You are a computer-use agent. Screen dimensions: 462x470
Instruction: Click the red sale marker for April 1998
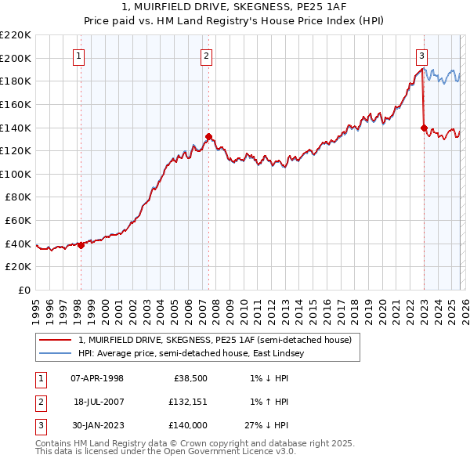(x=81, y=245)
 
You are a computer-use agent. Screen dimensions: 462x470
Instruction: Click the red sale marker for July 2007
(x=208, y=136)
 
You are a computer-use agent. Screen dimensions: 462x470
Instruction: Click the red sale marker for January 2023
(x=424, y=128)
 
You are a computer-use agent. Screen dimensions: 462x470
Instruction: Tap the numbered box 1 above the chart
(x=80, y=56)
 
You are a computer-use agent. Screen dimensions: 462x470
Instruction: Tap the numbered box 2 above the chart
(x=206, y=56)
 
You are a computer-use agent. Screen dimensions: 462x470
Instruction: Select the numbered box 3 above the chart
(x=421, y=56)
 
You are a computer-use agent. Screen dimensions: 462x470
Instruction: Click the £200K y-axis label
(x=16, y=58)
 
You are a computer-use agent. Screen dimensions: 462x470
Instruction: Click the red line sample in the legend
(x=56, y=341)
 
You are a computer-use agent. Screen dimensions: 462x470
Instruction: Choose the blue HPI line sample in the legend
(x=56, y=354)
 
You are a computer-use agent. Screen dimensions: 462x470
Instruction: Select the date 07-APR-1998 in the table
(x=97, y=378)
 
